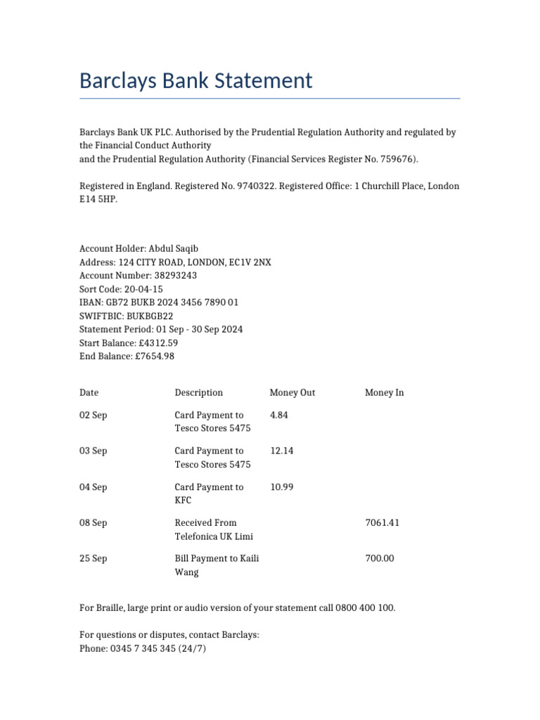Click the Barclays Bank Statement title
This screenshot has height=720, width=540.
tap(195, 81)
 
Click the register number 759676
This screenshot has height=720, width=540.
tap(399, 159)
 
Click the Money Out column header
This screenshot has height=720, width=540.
tap(292, 392)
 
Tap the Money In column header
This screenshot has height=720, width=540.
tap(384, 392)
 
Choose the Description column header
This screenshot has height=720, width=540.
tap(198, 392)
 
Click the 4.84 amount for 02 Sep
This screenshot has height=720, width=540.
tap(279, 415)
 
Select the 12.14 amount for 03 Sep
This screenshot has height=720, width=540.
tap(281, 451)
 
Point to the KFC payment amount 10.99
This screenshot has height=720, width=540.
tap(281, 487)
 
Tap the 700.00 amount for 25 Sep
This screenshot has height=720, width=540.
tap(380, 558)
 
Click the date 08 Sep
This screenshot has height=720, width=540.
tap(93, 522)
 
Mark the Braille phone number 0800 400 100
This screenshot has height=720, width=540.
tap(365, 607)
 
